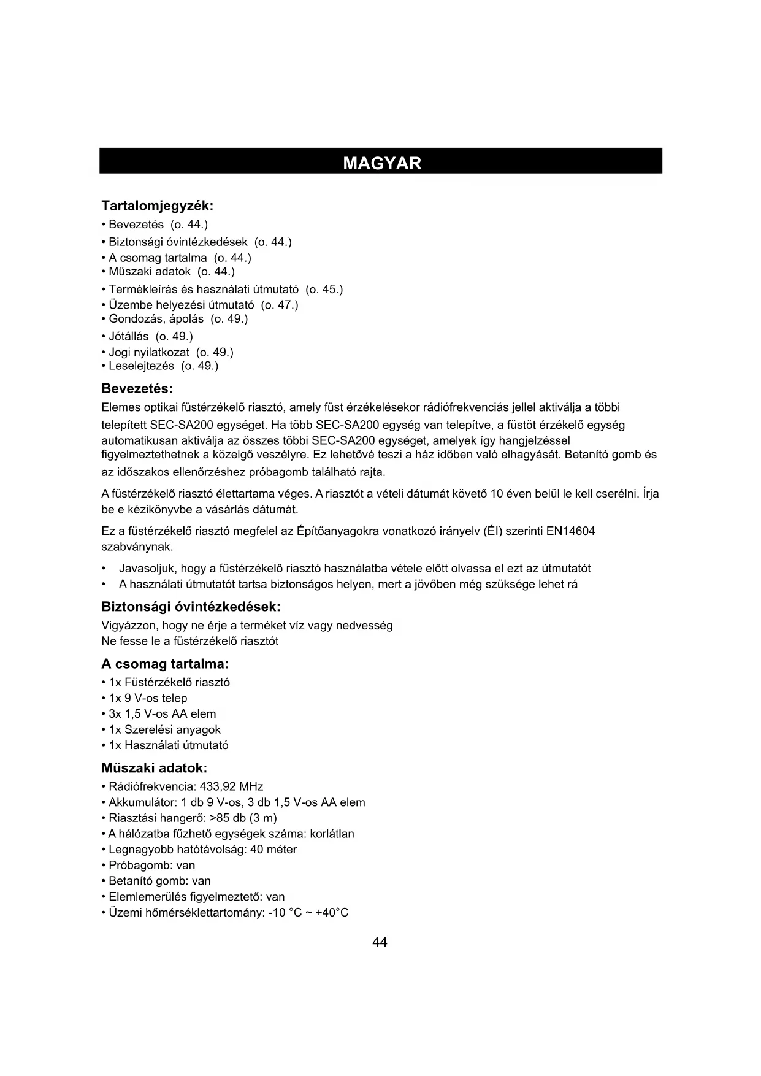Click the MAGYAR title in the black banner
(382, 163)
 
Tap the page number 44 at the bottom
(380, 942)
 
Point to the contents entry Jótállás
(129, 336)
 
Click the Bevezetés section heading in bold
(137, 389)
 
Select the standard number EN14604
(570, 531)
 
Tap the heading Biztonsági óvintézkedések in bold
(191, 607)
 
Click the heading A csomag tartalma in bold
(165, 664)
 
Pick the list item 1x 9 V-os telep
(148, 698)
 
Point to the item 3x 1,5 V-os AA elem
(163, 714)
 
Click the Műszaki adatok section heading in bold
(154, 768)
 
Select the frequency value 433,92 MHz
(232, 786)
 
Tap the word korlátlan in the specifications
(332, 834)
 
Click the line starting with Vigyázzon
(247, 626)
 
